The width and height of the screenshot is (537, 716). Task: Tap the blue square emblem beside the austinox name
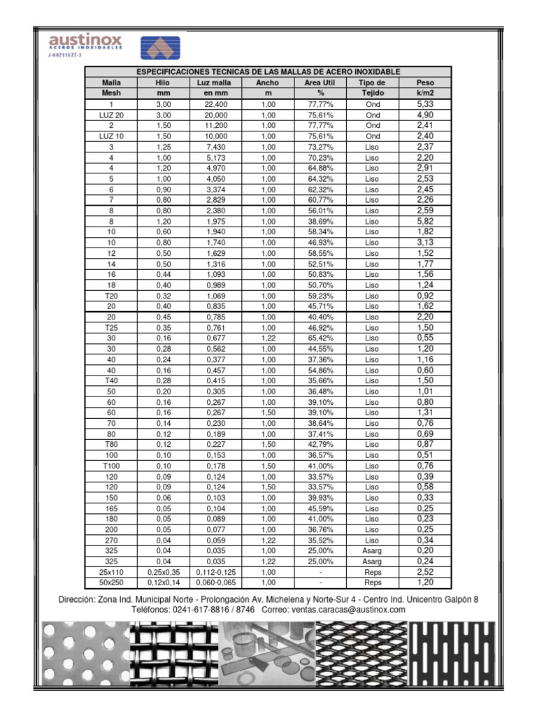[x=160, y=49]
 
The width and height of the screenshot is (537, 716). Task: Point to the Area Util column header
[x=320, y=87]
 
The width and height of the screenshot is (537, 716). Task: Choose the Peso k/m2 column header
[x=425, y=87]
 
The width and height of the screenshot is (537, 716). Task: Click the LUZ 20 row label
[x=111, y=115]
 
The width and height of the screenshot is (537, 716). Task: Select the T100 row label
[x=111, y=466]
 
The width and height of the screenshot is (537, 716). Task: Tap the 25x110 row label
[x=111, y=572]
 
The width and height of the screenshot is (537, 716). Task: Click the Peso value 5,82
[x=425, y=221]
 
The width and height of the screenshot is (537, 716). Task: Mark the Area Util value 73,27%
[x=320, y=147]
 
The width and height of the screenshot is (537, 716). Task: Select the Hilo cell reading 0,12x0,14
[x=164, y=582]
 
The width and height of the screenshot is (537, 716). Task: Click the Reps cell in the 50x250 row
[x=373, y=582]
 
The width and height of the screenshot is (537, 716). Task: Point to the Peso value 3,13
[x=425, y=243]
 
